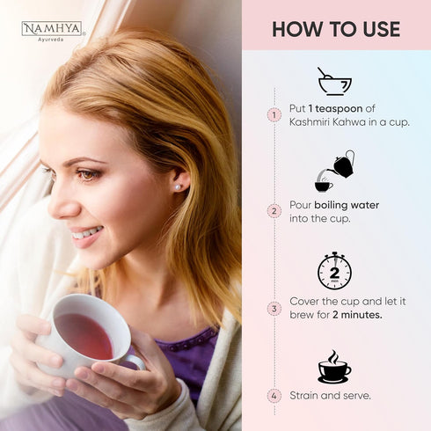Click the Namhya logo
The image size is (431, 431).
(x=52, y=31)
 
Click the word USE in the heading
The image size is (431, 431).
(x=382, y=29)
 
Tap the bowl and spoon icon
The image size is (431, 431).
(x=334, y=81)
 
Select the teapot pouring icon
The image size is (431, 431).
(x=335, y=171)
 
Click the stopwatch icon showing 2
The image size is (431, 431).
(x=335, y=271)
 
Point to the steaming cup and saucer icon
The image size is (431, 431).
(x=334, y=367)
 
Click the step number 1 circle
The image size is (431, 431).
(x=274, y=114)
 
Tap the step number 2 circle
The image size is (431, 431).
(x=274, y=211)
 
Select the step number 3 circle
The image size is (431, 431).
(x=274, y=309)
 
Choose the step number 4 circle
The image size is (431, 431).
(x=274, y=396)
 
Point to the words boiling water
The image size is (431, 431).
(x=347, y=205)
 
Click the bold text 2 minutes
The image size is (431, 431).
(x=357, y=315)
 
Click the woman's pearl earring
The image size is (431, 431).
(x=178, y=186)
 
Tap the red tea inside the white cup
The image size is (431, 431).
(x=84, y=335)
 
